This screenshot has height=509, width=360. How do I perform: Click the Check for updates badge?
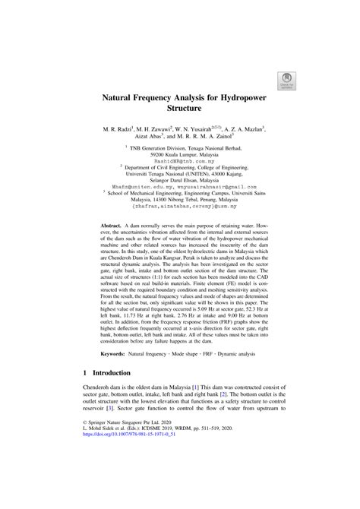point(289,81)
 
